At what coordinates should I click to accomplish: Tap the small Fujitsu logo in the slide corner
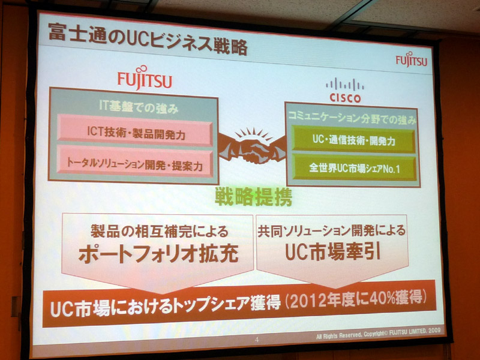412,59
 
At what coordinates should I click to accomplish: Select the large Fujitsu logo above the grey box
145,78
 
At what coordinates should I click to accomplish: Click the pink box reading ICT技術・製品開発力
135,130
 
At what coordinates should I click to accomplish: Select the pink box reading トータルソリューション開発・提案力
135,161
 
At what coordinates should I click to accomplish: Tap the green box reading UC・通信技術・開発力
354,139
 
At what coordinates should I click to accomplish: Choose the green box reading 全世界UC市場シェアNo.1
354,168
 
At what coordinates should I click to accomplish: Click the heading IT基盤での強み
139,107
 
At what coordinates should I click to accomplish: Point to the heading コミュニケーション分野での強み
352,118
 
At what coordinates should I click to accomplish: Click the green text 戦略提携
253,197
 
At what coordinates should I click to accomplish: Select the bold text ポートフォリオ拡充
158,254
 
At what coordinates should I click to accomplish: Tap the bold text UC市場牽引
333,253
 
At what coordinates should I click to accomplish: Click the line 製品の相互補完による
160,231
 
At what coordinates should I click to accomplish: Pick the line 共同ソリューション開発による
332,231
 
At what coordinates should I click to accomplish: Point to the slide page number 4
257,340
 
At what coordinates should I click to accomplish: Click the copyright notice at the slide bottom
379,334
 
